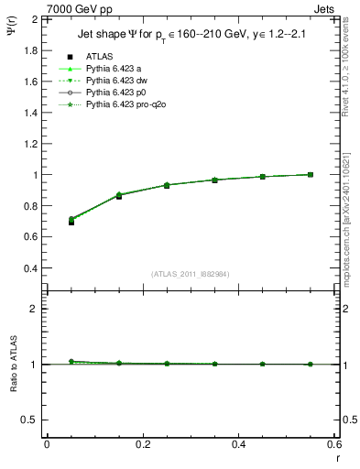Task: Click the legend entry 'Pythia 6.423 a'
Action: [x=114, y=69]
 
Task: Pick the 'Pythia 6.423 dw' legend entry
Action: [x=116, y=82]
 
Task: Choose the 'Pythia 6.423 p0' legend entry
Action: [x=116, y=93]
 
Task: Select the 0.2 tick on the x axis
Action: [x=142, y=444]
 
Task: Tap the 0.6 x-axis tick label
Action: [x=334, y=444]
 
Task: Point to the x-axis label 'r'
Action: [x=337, y=455]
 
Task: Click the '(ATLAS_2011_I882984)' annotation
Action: [x=191, y=275]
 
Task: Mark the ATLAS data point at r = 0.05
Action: [x=71, y=222]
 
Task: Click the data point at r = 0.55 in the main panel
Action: [x=311, y=174]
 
